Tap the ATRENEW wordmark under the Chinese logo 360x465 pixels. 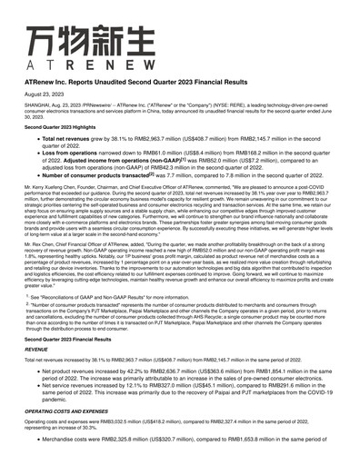[61, 66]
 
